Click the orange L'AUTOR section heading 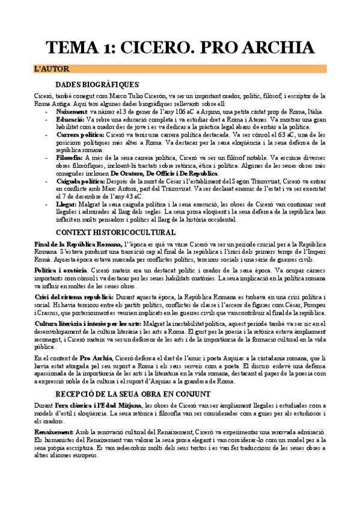[x=52, y=70]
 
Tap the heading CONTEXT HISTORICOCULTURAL [x=115, y=233]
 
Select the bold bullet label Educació [x=70, y=120]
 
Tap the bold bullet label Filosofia [x=70, y=158]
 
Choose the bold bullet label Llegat [x=67, y=204]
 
